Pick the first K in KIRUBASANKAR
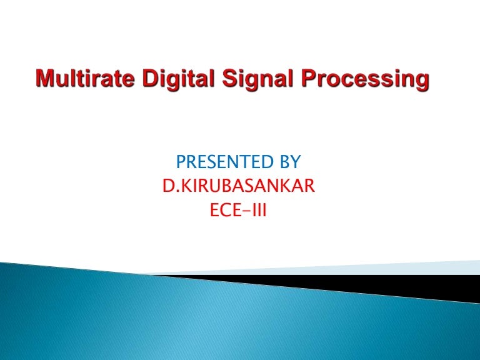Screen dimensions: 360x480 (x=184, y=187)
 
